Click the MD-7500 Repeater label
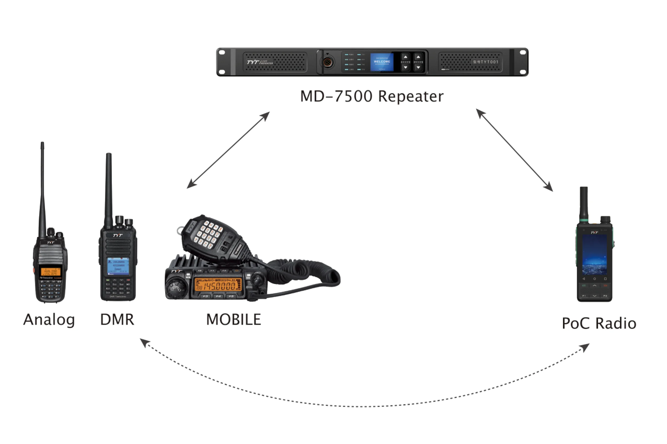pyautogui.click(x=372, y=96)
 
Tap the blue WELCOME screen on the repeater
pyautogui.click(x=382, y=62)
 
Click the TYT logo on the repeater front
pyautogui.click(x=253, y=62)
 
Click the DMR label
pyautogui.click(x=117, y=320)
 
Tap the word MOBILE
pyautogui.click(x=233, y=320)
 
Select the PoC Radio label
pyautogui.click(x=599, y=323)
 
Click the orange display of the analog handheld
pyautogui.click(x=50, y=272)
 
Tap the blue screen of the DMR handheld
pyautogui.click(x=118, y=265)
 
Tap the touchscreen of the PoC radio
pyautogui.click(x=594, y=255)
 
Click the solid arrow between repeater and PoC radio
pyautogui.click(x=514, y=150)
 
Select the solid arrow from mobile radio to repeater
pyautogui.click(x=228, y=150)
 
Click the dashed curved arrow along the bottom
pyautogui.click(x=365, y=406)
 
